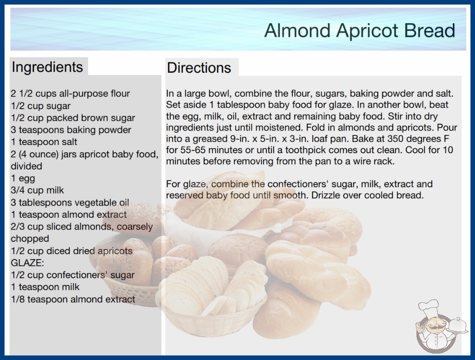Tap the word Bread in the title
tap(430, 30)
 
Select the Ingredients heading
tap(47, 67)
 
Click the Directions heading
tap(199, 68)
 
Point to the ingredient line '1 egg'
tap(23, 178)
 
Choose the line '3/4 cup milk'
tap(37, 190)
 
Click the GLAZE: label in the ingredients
tap(27, 263)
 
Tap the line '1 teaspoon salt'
tap(44, 142)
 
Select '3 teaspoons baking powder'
tap(71, 130)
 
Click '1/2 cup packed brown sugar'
tap(73, 118)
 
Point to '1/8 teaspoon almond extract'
tap(73, 299)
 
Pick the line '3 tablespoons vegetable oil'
tap(70, 202)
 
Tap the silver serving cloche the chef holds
tap(458, 325)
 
